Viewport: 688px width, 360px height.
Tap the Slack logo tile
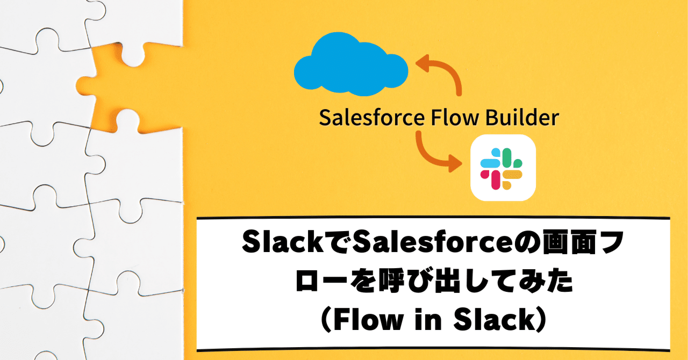[x=503, y=167]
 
